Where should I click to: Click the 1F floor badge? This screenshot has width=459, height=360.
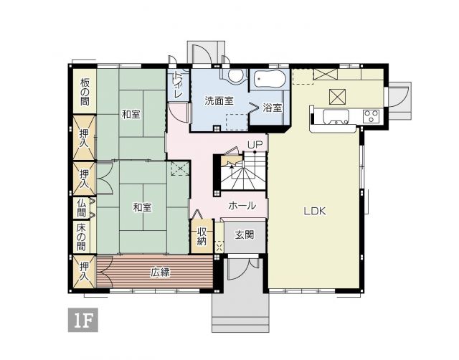pos(83,320)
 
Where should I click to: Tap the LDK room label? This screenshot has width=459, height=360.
pos(315,211)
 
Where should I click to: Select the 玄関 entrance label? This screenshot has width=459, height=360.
pos(245,235)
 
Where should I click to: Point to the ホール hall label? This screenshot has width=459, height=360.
pos(242,206)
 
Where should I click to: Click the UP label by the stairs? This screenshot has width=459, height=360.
pos(255,145)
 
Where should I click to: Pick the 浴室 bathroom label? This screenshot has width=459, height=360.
pos(272,108)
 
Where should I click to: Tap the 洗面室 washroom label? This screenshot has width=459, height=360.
pos(219,100)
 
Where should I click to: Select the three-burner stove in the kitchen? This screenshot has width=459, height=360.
pos(372,116)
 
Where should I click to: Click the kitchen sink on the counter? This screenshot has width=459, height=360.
pos(336,116)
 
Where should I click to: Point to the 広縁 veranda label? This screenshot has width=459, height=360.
pos(161,273)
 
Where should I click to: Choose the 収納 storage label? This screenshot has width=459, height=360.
pos(202,236)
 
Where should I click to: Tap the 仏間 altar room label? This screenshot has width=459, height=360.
pos(82,208)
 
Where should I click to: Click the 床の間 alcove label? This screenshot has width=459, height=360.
pos(81,237)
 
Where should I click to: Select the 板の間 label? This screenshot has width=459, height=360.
pos(85,93)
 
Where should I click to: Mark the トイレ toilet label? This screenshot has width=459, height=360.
pos(178,85)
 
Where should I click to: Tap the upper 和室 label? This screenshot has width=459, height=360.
pos(131,114)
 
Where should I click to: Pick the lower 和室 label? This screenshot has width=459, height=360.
pos(142,207)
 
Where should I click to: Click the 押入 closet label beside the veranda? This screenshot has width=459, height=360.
pos(85,272)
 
